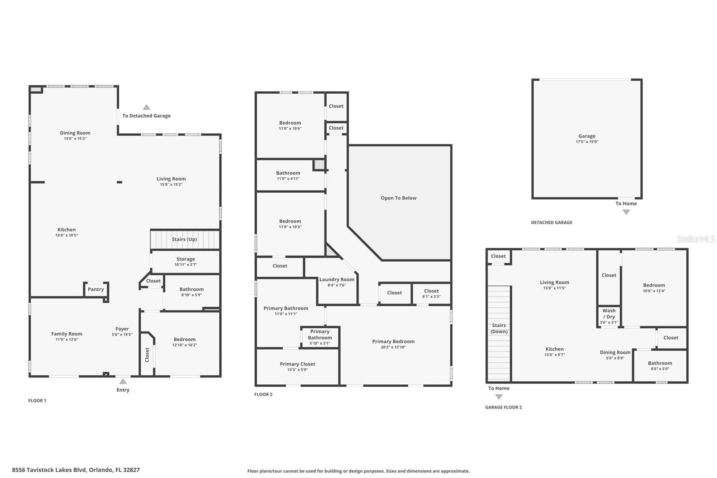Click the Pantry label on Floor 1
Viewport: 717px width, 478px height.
[96, 289]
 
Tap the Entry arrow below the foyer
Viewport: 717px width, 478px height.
[123, 382]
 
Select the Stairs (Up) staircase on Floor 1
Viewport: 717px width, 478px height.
[185, 239]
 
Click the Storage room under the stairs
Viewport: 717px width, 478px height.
[186, 261]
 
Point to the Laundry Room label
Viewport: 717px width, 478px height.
[337, 279]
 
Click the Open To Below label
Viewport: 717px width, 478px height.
[398, 198]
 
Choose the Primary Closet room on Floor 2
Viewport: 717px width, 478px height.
[297, 366]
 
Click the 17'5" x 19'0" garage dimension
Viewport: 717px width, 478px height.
[587, 142]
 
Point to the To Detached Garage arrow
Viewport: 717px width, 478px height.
[147, 107]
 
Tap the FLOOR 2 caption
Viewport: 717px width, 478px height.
[263, 395]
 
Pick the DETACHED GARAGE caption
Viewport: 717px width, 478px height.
[551, 222]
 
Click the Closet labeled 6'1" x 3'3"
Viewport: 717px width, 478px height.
[431, 294]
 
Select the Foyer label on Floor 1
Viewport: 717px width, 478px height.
[122, 329]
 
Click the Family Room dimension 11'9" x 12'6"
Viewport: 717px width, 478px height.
[66, 339]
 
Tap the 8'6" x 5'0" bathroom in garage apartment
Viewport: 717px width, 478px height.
[660, 366]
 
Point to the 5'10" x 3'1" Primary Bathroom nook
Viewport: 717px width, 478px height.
[320, 337]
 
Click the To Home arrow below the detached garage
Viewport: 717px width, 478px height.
[626, 212]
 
